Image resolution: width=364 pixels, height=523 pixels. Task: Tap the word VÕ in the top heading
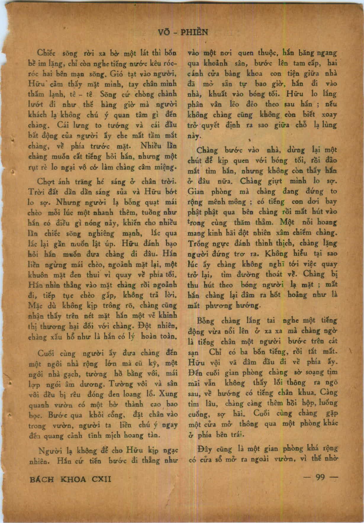pos(165,32)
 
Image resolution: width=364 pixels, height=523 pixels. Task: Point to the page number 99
pos(320,477)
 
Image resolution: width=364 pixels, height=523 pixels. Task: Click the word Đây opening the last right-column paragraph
pos(204,449)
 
